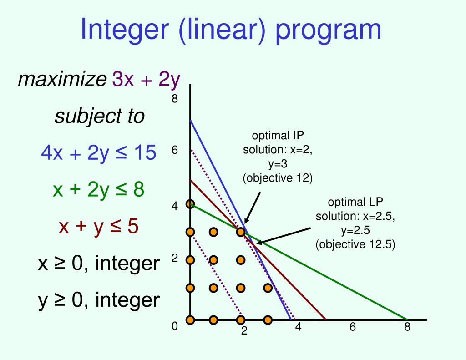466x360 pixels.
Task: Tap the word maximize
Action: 61,80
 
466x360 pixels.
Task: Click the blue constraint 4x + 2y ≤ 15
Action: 98,153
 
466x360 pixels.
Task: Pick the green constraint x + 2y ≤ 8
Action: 98,190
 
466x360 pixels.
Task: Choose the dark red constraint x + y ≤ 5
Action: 98,226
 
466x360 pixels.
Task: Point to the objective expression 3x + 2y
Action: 147,80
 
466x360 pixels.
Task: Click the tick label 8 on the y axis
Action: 174,99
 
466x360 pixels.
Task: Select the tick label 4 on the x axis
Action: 298,327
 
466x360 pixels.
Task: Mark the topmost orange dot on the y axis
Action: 190,204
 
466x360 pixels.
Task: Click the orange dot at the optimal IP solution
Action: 241,232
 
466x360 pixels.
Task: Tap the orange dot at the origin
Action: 190,319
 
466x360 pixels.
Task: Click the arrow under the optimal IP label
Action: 253,208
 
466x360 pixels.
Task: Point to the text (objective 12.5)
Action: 355,244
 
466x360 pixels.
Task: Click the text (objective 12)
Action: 278,177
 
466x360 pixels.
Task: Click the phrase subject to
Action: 99,117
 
